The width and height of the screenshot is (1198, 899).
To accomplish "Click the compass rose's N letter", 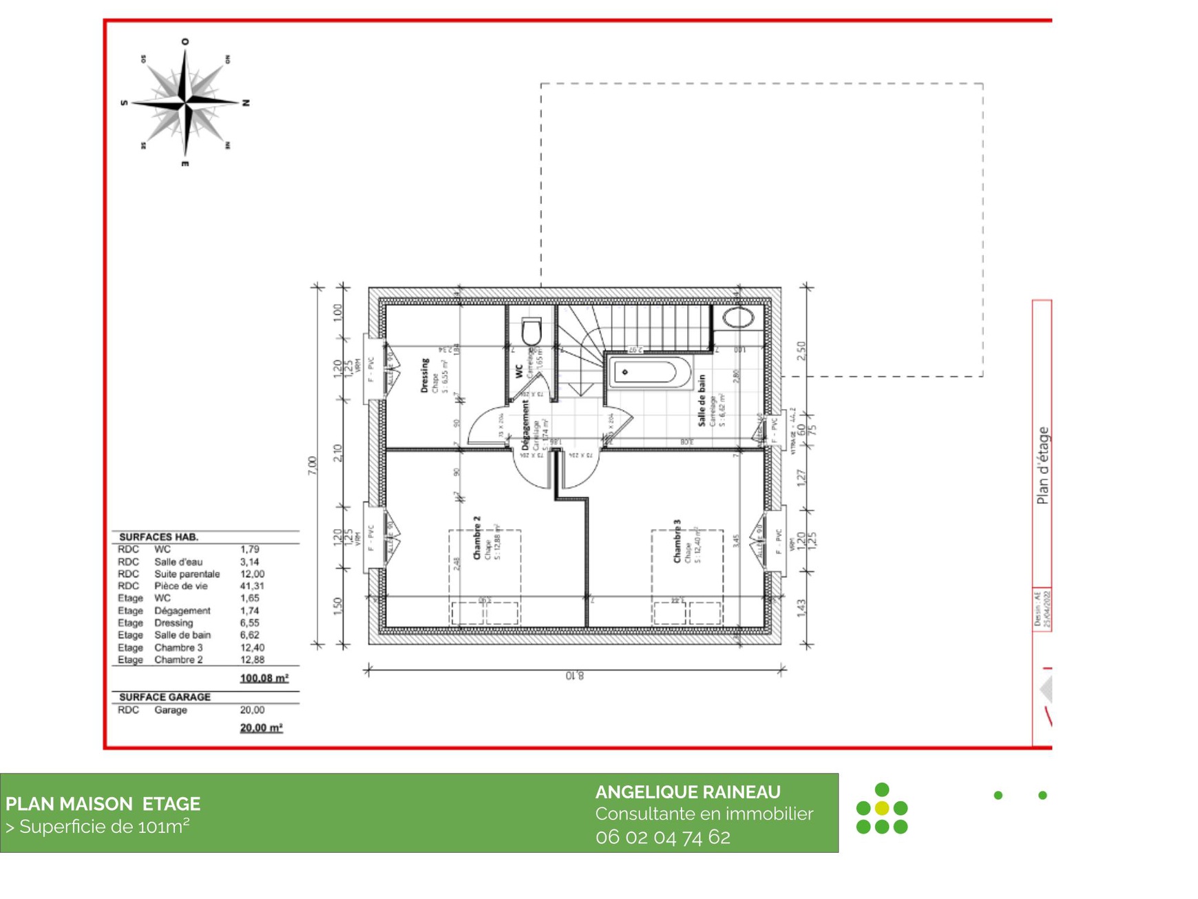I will tap(246, 103).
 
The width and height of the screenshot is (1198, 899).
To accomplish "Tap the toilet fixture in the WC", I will tap(532, 332).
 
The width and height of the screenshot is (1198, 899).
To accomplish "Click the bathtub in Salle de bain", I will tap(649, 373).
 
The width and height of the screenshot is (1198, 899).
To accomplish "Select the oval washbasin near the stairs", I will tap(738, 318).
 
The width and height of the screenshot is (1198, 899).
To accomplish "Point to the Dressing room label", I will tap(425, 375).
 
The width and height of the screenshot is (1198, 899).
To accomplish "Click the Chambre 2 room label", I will tap(476, 537).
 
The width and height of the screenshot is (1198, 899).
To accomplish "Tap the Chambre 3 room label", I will tap(677, 541).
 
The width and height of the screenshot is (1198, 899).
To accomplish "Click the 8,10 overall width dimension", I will tap(574, 676).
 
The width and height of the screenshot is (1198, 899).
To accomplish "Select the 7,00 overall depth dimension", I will tap(312, 465).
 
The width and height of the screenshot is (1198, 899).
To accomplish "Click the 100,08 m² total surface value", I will tap(264, 678).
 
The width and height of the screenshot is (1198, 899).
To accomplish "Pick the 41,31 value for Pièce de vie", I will tap(252, 586).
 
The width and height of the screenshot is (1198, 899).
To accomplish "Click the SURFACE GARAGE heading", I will tap(165, 696).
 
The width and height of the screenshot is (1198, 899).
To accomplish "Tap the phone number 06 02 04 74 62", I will tap(662, 836).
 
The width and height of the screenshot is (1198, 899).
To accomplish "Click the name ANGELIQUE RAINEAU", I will tap(687, 792).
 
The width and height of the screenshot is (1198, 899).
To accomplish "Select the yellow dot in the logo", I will tap(881, 807).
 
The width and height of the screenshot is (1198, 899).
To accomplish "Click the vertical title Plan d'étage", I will tap(1042, 466).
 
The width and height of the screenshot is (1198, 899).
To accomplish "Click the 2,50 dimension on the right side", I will tap(801, 351).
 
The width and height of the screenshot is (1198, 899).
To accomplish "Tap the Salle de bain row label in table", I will tap(182, 634).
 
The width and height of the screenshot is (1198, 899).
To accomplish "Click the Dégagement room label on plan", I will tap(526, 426).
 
